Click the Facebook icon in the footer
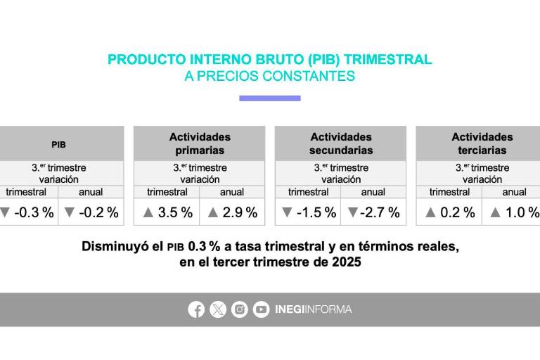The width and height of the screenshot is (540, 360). click(196, 309)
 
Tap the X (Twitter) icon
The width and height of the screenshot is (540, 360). click(218, 309)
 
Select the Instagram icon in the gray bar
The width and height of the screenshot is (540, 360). click(240, 309)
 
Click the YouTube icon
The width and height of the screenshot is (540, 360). click(261, 309)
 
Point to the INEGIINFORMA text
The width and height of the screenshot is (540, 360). click(313, 309)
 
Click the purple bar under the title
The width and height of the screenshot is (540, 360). click(269, 98)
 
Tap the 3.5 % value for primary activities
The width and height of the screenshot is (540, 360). click(176, 212)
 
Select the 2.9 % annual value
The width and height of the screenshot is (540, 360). click(240, 212)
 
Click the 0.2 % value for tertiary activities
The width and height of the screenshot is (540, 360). click(457, 212)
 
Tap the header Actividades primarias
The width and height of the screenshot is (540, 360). click(200, 143)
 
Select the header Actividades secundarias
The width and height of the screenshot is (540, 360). click(341, 143)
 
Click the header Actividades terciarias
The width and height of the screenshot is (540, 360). click(482, 143)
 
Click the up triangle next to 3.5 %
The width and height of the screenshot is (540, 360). click(148, 212)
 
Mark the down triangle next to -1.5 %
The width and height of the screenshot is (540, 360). click(286, 212)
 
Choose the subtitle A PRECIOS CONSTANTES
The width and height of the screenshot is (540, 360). click(269, 77)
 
